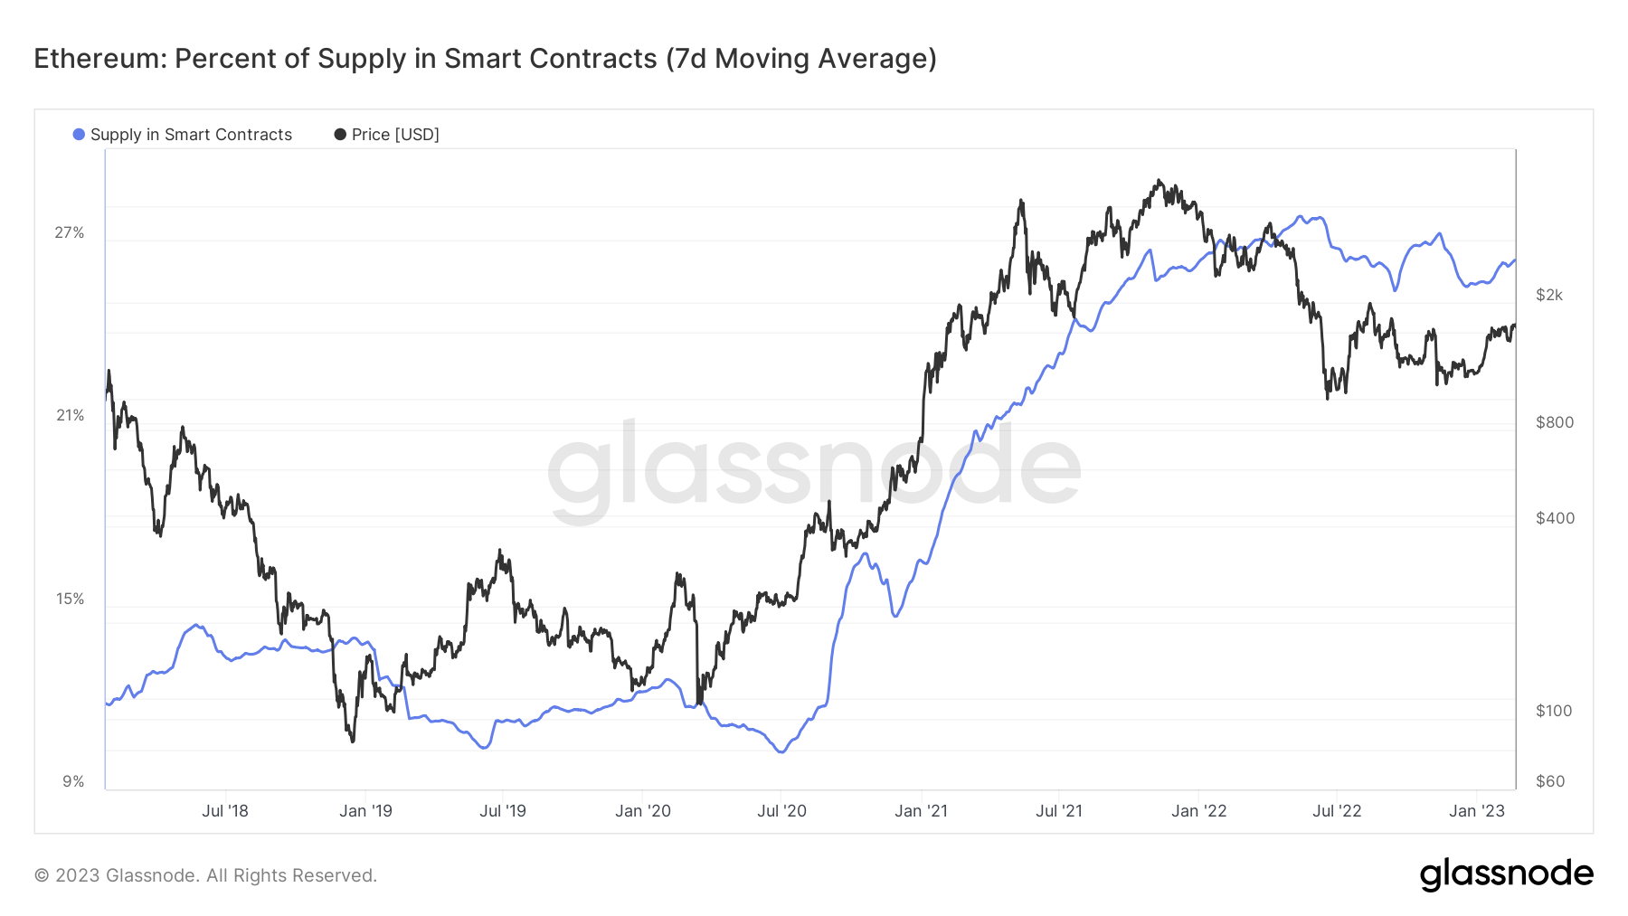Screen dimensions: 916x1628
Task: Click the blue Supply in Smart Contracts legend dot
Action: point(79,135)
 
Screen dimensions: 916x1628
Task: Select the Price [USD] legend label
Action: point(395,135)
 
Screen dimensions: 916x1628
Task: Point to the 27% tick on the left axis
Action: point(70,232)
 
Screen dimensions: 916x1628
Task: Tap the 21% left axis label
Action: point(70,415)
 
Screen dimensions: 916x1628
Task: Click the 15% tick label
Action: point(70,599)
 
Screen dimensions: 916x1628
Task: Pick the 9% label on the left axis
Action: point(73,781)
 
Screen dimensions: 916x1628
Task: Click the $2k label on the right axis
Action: point(1549,295)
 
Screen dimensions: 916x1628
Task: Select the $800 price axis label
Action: point(1555,422)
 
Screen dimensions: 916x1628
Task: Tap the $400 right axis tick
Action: point(1555,518)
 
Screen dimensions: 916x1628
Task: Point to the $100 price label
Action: point(1554,711)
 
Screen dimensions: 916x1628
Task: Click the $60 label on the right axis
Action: point(1550,781)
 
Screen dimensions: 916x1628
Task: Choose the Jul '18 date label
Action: point(225,811)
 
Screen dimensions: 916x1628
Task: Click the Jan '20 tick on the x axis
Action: point(643,811)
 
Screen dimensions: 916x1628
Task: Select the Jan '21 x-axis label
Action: point(921,811)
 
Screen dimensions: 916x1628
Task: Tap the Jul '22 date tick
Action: point(1337,811)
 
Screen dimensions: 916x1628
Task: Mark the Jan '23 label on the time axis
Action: point(1477,811)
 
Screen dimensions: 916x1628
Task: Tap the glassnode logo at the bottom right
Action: point(1506,874)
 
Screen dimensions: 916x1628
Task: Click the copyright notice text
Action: point(205,875)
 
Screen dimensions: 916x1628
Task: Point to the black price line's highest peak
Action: point(1159,181)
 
